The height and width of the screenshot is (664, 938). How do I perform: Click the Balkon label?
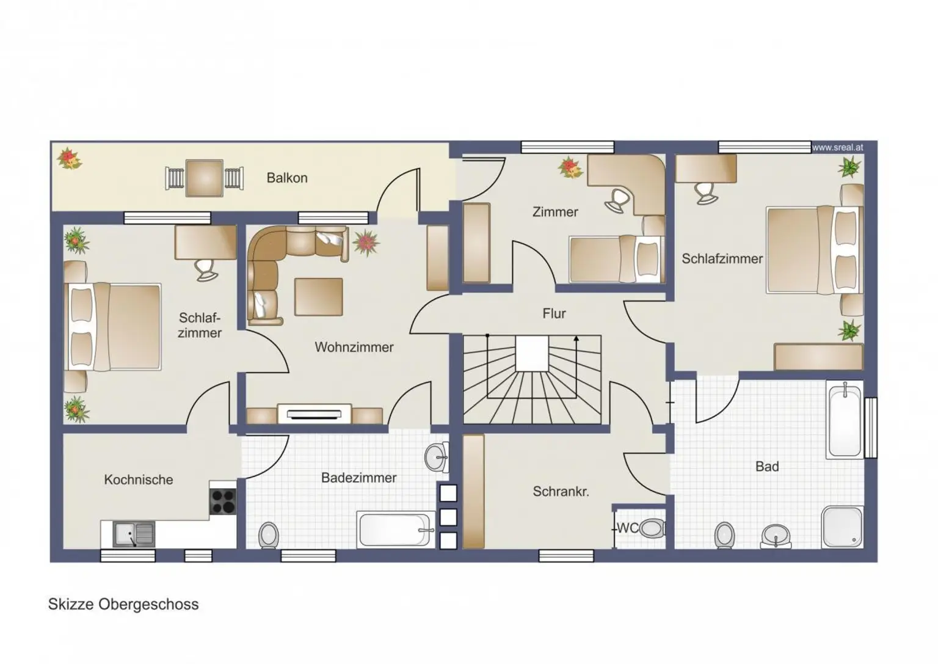[287, 178]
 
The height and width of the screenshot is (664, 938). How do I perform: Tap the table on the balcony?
[205, 178]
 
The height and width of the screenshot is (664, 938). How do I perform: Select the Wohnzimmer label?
[354, 347]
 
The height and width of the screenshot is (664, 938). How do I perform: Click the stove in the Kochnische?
[223, 502]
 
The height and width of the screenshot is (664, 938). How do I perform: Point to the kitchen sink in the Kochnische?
[134, 534]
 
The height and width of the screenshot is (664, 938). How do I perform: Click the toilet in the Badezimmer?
[269, 535]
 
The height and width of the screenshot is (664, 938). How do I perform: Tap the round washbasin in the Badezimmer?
[437, 457]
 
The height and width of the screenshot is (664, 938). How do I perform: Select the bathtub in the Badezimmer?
[395, 530]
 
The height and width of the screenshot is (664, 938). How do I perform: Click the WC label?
[627, 528]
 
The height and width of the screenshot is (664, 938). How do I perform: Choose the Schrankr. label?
[561, 491]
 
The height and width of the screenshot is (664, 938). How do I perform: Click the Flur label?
[554, 313]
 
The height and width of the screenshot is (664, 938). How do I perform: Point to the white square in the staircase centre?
[532, 353]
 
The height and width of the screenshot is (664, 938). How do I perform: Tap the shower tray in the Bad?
[843, 527]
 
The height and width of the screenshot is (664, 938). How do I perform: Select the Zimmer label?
[555, 212]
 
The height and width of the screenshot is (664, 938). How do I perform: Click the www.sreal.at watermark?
[837, 147]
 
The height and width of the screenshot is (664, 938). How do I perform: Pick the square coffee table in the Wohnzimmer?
[319, 297]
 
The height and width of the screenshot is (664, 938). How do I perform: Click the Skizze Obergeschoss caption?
[123, 604]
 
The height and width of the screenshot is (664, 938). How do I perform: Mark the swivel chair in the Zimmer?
[618, 200]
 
